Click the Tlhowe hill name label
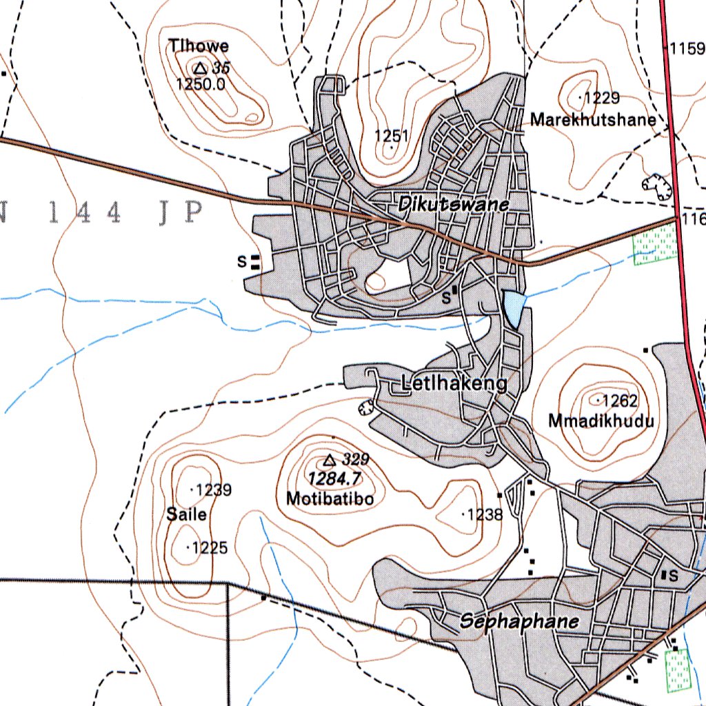(x=200, y=46)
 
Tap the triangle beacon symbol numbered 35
(x=200, y=68)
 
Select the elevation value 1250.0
(x=201, y=85)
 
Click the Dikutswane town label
(x=453, y=205)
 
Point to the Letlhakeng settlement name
(x=454, y=384)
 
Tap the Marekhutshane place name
(x=593, y=120)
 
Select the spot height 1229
(x=601, y=98)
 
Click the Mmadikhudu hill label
(x=601, y=420)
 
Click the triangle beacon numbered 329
(x=330, y=459)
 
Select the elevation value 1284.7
(x=334, y=478)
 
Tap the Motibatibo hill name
(x=330, y=498)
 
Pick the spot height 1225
(x=209, y=548)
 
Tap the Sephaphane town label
(x=519, y=622)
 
